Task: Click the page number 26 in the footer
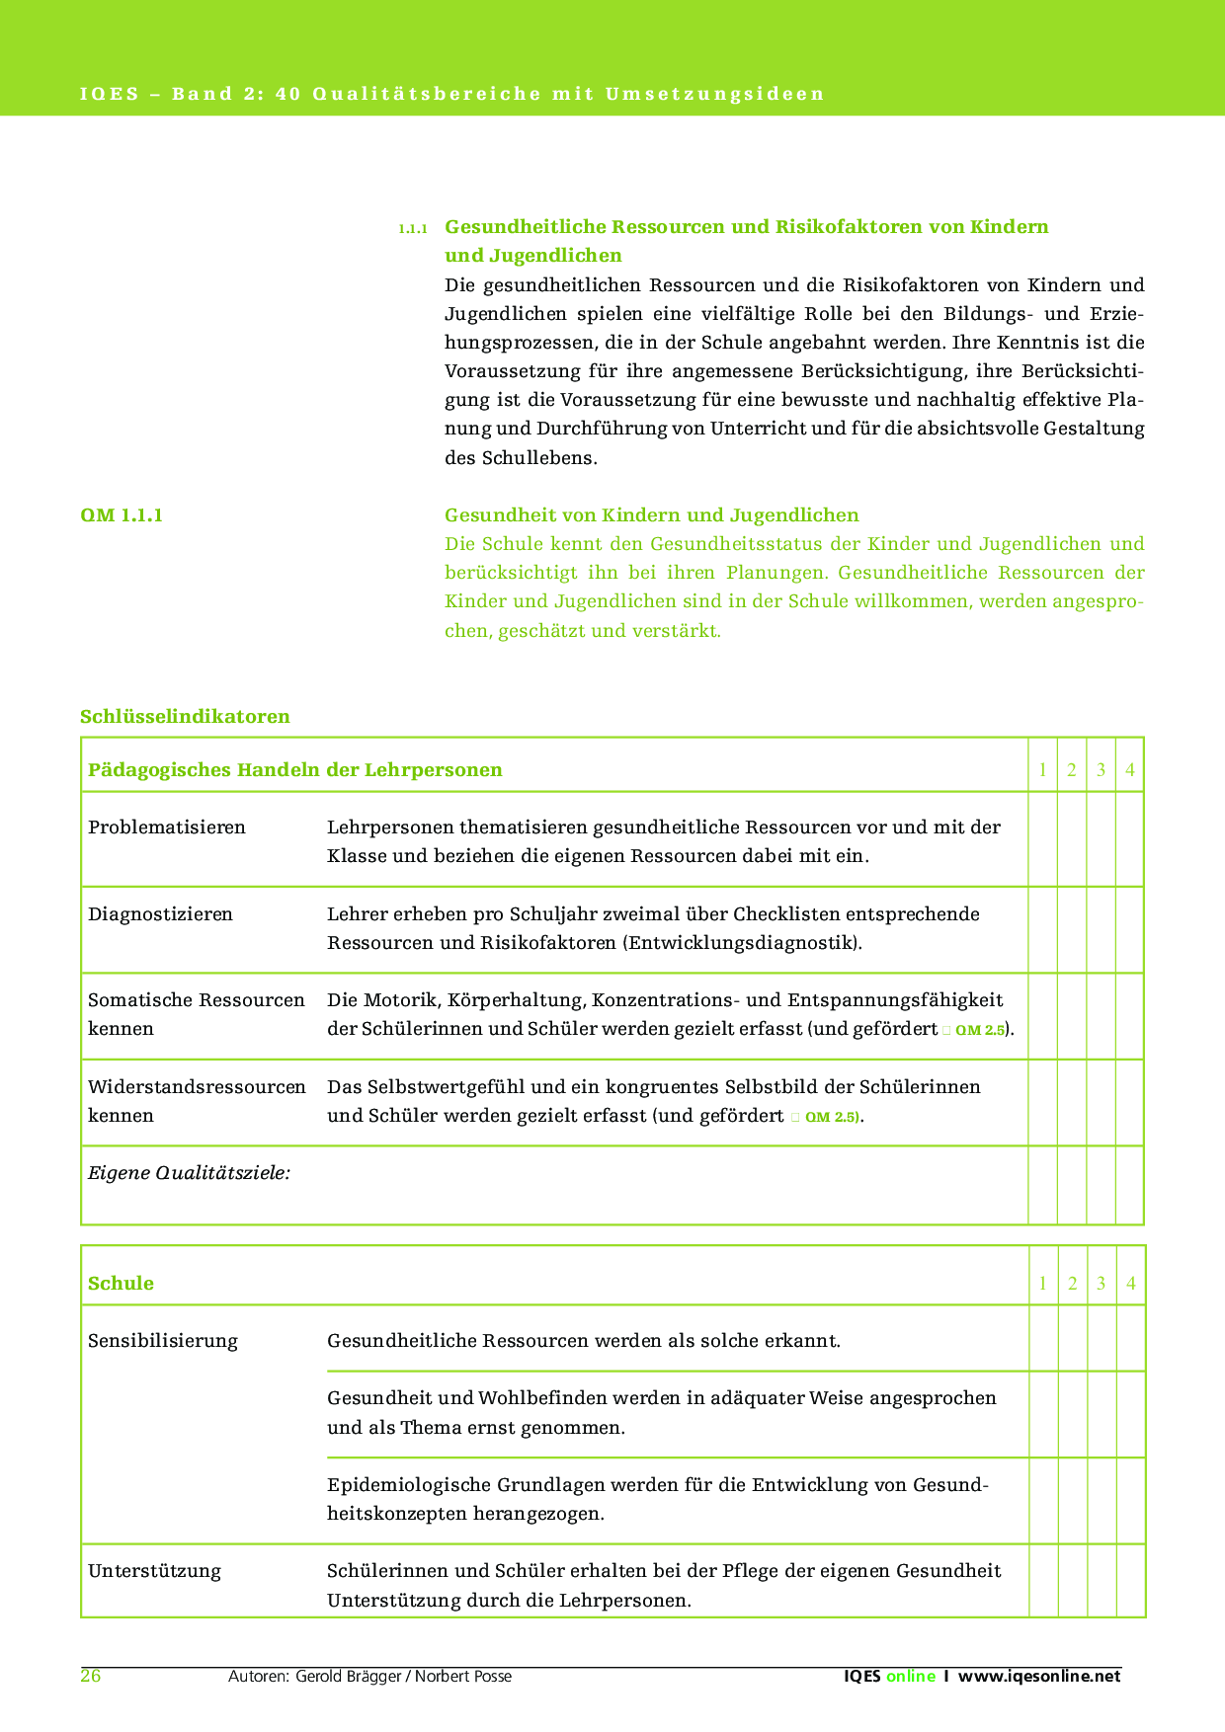click(x=91, y=1676)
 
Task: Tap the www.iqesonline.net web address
click(x=1039, y=1676)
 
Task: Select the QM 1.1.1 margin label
click(x=122, y=515)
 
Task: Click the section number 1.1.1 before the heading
click(x=413, y=229)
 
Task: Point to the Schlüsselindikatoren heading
click(x=185, y=716)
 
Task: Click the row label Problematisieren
click(x=167, y=827)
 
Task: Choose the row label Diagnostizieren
click(x=161, y=914)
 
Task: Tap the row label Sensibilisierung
click(x=163, y=1341)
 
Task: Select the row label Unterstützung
click(x=154, y=1571)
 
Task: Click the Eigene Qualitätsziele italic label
click(x=189, y=1173)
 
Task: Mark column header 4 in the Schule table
click(x=1130, y=1284)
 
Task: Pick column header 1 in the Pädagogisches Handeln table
click(x=1042, y=770)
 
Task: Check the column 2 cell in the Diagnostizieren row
click(x=1072, y=929)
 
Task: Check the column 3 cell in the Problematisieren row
click(x=1101, y=839)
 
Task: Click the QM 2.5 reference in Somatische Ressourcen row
click(x=980, y=1030)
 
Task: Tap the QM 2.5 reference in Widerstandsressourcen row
click(x=833, y=1117)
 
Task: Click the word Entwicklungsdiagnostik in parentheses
click(x=741, y=943)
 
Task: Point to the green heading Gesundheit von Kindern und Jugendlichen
click(x=651, y=515)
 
